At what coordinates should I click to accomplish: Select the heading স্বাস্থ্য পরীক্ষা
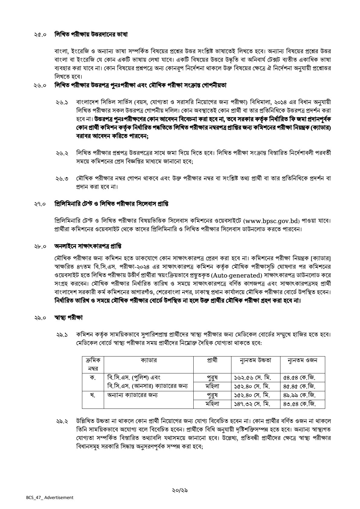(69, 318)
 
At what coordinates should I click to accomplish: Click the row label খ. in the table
(93, 395)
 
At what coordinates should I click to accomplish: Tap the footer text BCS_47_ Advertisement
(49, 497)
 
